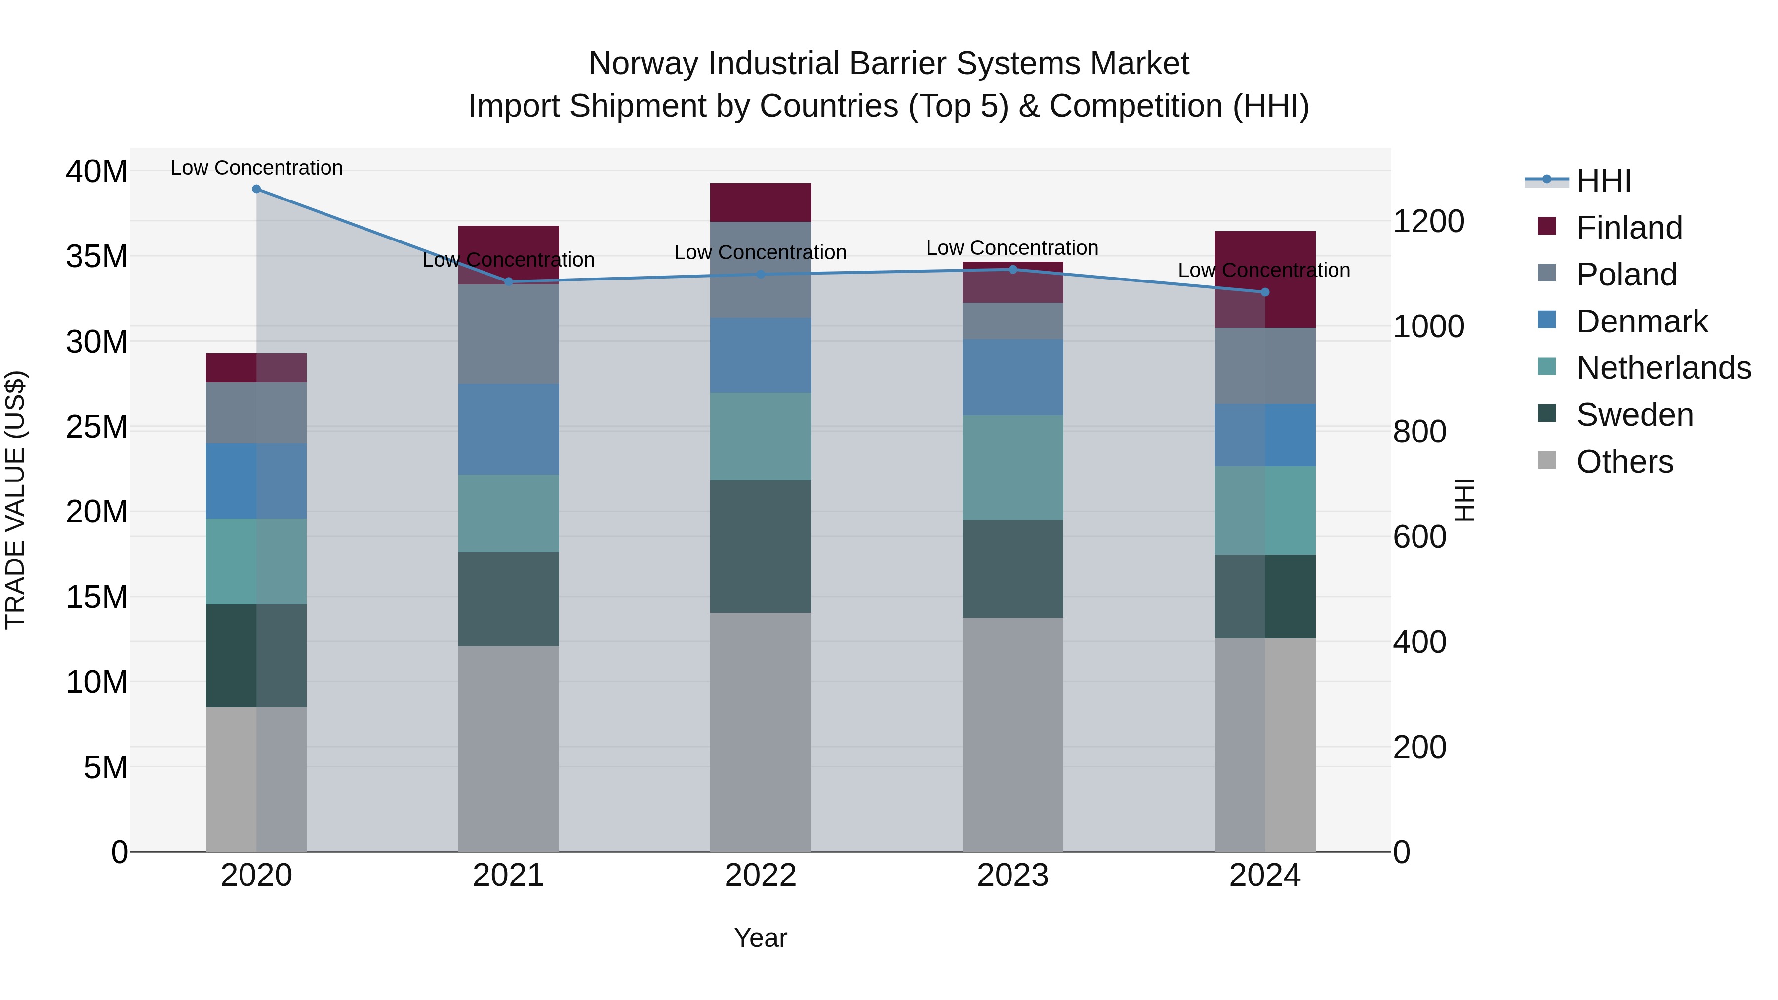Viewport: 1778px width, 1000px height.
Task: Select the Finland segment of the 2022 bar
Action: [761, 202]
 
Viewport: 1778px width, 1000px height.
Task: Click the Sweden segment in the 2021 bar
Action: [509, 599]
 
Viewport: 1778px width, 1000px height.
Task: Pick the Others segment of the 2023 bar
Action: [1012, 734]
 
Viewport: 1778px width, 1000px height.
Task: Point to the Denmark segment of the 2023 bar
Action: [1012, 377]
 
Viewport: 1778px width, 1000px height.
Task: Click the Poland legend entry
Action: [1626, 275]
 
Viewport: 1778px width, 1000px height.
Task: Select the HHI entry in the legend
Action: [1603, 181]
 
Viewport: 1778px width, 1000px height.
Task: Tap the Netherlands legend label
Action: [1663, 368]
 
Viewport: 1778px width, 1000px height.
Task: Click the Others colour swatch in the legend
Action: [1547, 460]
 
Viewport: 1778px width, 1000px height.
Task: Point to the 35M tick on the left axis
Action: [97, 257]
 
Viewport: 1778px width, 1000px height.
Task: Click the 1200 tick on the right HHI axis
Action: [1428, 222]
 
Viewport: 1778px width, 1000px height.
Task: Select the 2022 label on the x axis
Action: [761, 876]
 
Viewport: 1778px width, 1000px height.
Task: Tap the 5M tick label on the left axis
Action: [106, 767]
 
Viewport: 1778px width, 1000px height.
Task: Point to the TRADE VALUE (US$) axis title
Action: [15, 500]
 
